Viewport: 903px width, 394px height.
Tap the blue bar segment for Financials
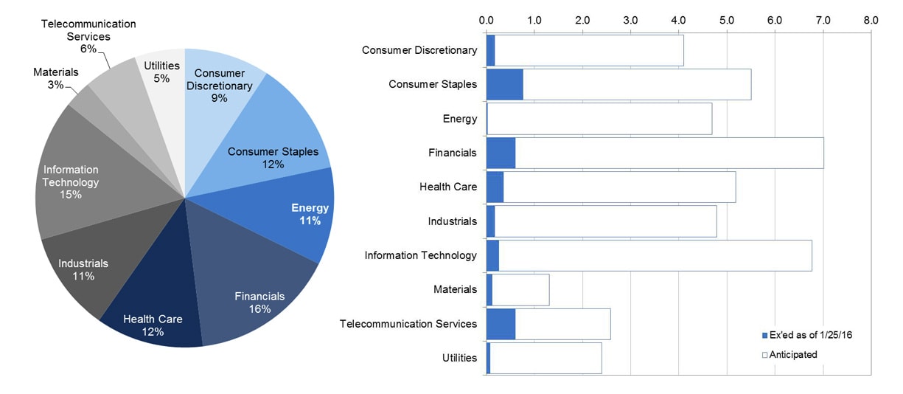501,153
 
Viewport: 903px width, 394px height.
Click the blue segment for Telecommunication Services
501,324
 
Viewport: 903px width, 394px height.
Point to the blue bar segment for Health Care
495,187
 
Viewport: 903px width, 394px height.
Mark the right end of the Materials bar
548,289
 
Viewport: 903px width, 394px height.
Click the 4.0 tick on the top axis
678,20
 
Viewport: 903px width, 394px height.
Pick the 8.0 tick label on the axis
871,20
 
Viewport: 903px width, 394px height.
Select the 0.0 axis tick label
486,20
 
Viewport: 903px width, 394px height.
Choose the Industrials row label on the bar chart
452,221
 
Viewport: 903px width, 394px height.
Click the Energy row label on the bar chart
459,119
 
